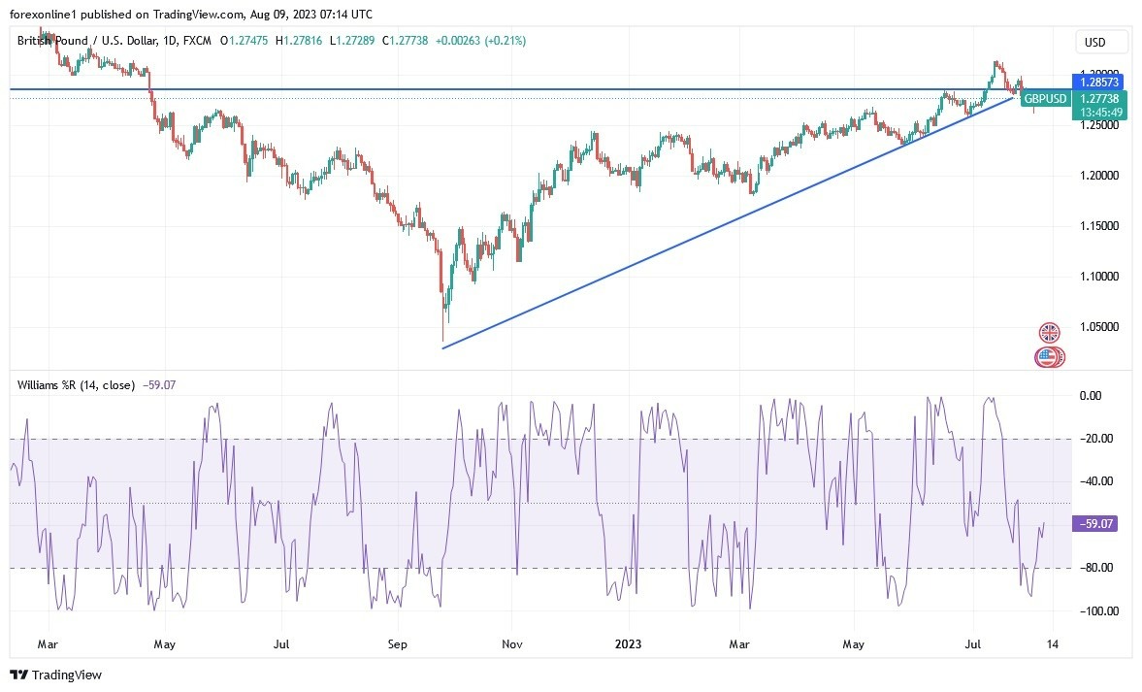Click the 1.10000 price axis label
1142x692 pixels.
[x=1098, y=277]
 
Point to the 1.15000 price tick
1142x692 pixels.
[x=1098, y=226]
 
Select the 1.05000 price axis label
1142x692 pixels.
[x=1098, y=327]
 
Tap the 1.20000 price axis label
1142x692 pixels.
[x=1098, y=176]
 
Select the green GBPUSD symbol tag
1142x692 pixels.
[x=1046, y=99]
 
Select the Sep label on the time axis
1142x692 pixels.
[x=397, y=643]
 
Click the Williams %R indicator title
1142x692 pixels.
[x=76, y=384]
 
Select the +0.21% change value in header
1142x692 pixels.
[x=508, y=41]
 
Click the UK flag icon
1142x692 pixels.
[x=1050, y=333]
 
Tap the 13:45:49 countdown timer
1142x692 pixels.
[x=1098, y=113]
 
